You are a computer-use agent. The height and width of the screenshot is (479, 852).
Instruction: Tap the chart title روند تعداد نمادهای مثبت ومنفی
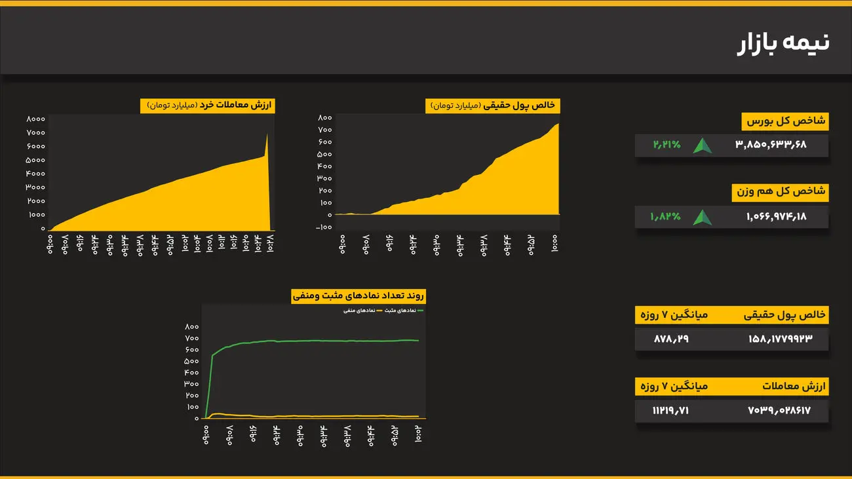[359, 296]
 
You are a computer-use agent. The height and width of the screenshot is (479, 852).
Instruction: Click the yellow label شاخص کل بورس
[785, 121]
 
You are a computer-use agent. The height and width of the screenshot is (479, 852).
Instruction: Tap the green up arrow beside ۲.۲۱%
[703, 145]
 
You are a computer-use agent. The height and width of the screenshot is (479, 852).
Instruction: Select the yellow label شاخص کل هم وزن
[780, 193]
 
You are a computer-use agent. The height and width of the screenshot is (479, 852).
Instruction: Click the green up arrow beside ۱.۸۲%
[703, 217]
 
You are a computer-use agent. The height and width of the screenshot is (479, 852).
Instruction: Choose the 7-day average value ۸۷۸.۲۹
[671, 339]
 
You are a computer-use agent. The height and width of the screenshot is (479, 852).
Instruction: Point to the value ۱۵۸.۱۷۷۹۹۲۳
[780, 339]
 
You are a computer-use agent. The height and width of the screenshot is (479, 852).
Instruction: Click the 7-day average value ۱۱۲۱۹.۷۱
[671, 411]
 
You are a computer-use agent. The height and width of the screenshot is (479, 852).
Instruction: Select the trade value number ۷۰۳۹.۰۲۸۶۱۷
[779, 411]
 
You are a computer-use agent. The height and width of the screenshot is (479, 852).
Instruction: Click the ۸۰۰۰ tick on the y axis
[35, 119]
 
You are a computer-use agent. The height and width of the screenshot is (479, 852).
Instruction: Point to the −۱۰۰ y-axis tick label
[324, 227]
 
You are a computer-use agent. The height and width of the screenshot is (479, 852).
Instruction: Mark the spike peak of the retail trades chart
[267, 135]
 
